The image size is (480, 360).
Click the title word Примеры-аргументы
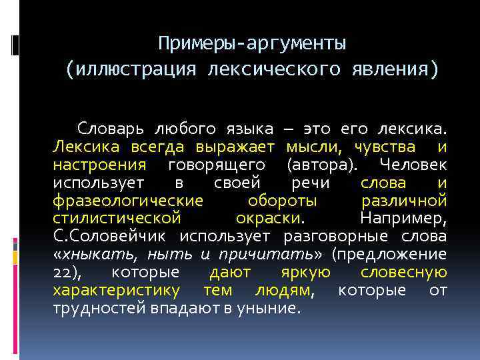[253, 45]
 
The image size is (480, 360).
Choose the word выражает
[243, 146]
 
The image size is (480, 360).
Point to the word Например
[403, 218]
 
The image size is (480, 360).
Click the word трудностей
[91, 308]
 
